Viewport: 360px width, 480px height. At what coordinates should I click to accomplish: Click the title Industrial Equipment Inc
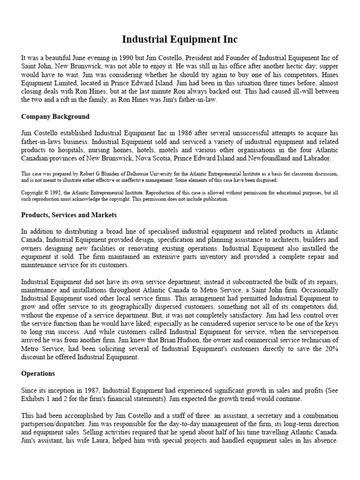(180, 39)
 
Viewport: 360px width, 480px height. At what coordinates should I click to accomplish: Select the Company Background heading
(55, 116)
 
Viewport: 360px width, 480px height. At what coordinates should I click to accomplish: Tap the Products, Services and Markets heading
(69, 215)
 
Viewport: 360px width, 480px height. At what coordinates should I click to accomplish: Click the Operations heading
(38, 374)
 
